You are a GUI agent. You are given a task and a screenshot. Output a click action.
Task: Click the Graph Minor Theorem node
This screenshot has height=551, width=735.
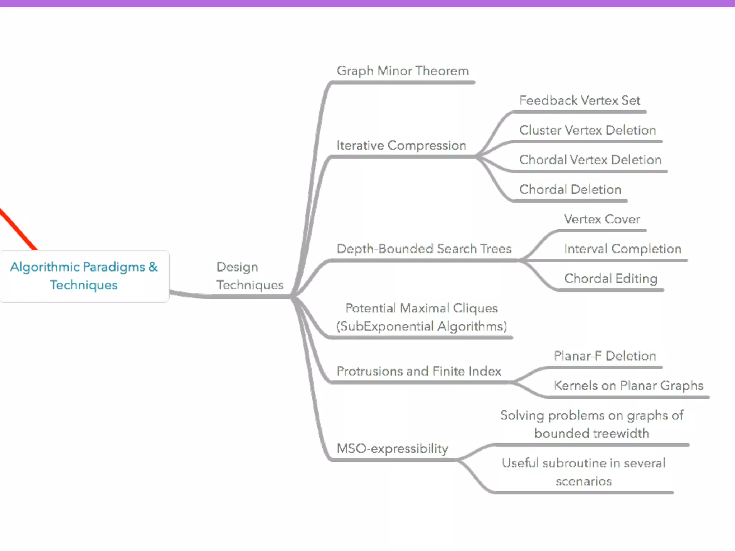[x=402, y=71]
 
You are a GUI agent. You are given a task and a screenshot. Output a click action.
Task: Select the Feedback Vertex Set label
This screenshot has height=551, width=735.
[x=579, y=100]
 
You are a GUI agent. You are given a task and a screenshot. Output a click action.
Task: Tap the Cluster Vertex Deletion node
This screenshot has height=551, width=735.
[x=587, y=130]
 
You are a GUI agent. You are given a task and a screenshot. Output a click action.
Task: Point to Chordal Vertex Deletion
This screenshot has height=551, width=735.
[x=590, y=160]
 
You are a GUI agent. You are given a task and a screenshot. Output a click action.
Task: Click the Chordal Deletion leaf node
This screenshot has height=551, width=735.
[x=570, y=189]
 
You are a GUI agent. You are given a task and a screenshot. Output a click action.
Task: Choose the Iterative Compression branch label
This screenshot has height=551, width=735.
[x=401, y=146]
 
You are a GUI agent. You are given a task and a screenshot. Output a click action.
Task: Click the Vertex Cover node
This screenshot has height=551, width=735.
[x=602, y=219]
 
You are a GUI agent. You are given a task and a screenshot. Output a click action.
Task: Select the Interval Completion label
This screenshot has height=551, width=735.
[x=622, y=249]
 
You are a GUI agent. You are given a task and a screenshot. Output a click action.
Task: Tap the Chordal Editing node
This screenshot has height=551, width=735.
[x=610, y=279]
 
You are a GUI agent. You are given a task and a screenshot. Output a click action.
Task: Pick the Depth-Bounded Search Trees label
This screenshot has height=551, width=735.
[x=424, y=249]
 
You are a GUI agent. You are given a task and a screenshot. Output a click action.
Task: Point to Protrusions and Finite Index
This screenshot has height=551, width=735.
[x=418, y=371]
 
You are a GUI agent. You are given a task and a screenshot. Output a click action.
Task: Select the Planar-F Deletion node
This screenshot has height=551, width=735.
[x=605, y=356]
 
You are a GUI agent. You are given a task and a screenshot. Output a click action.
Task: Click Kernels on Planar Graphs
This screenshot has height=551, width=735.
[x=628, y=386]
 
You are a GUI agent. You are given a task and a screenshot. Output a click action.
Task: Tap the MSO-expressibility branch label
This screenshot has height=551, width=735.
[x=392, y=449]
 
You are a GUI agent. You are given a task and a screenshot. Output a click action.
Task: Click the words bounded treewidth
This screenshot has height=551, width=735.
[x=591, y=434]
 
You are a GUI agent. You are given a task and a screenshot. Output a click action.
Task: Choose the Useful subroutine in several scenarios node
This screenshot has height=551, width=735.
[x=584, y=472]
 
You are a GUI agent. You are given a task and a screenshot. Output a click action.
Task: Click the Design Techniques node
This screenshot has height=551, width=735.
[x=249, y=276]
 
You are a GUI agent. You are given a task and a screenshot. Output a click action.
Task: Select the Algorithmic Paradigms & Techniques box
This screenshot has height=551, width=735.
[x=84, y=276]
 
